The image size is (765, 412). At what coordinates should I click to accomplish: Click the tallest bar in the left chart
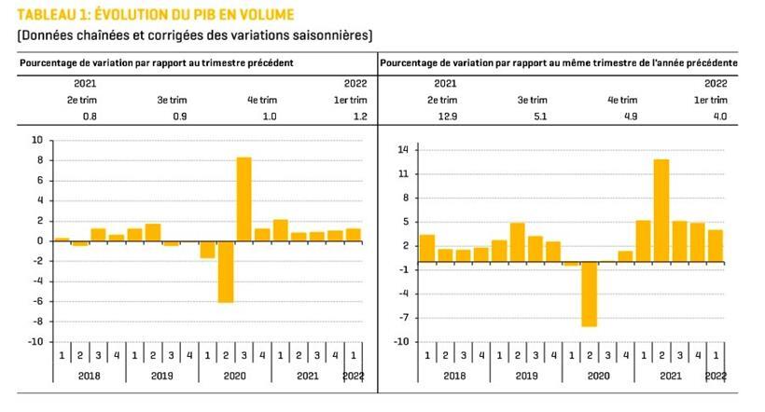click(x=243, y=199)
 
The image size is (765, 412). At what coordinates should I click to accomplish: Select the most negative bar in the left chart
click(x=226, y=271)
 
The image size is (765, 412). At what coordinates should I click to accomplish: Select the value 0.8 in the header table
click(x=90, y=117)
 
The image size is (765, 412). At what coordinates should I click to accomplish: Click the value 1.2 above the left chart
click(x=357, y=117)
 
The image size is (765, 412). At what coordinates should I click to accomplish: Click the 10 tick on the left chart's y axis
click(x=36, y=140)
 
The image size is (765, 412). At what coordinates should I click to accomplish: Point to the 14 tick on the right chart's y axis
click(x=403, y=150)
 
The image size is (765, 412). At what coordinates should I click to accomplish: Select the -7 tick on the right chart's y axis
click(x=403, y=317)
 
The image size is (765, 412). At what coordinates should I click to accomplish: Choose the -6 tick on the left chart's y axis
click(x=36, y=302)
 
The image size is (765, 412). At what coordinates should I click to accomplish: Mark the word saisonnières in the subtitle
click(x=327, y=35)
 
